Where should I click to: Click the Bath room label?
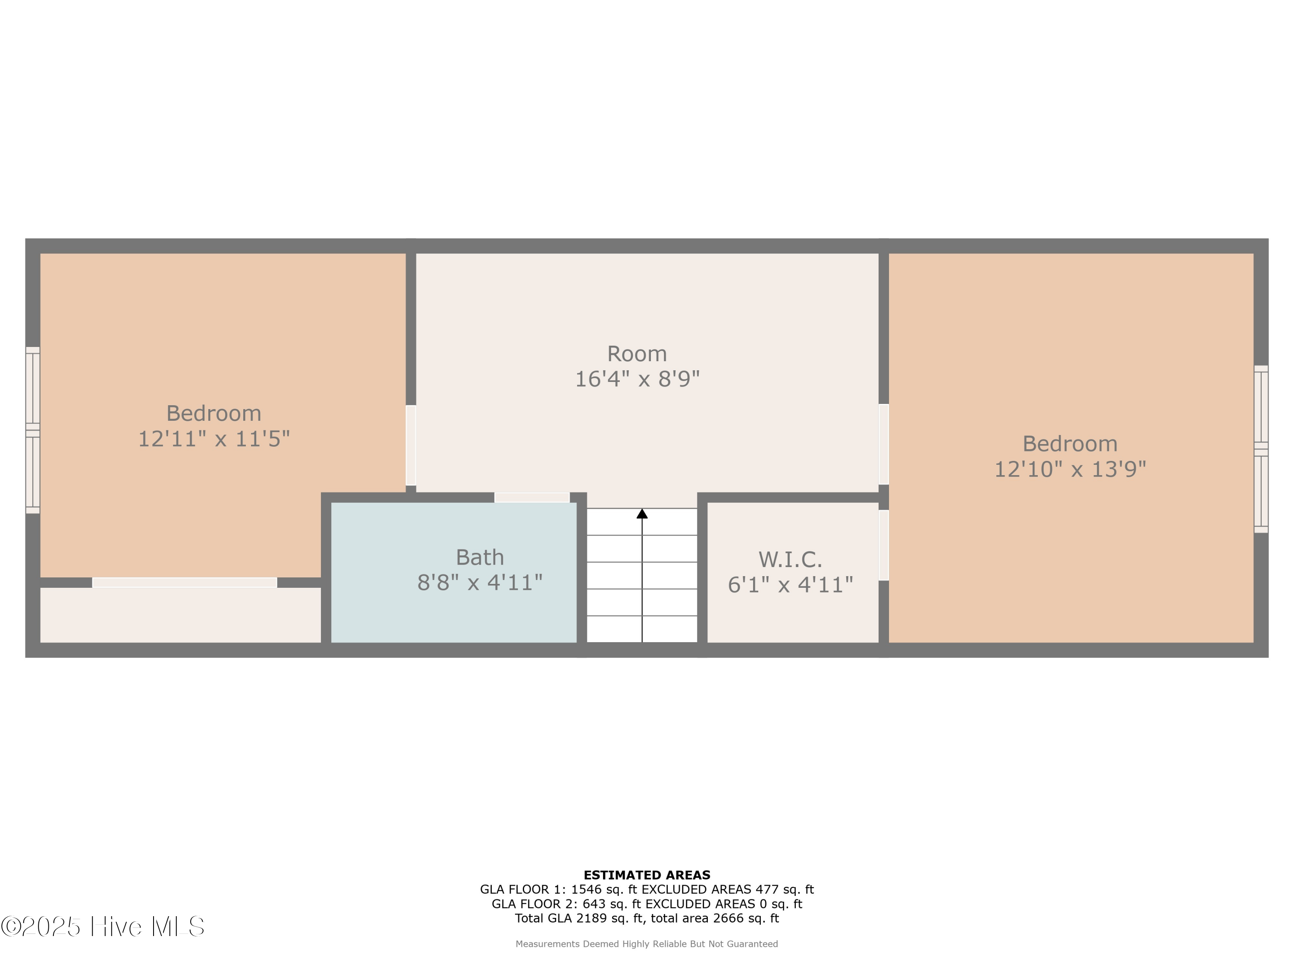click(480, 557)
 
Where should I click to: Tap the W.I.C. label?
click(790, 560)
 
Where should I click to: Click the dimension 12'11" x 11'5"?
click(214, 439)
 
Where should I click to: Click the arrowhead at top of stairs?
click(642, 514)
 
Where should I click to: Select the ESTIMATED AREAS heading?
click(647, 875)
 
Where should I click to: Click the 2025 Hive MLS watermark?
click(103, 927)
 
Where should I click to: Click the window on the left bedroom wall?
click(33, 430)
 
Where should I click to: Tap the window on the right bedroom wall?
click(1261, 449)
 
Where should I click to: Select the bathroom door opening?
click(532, 498)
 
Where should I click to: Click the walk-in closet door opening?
click(883, 545)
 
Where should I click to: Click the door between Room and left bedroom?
click(411, 445)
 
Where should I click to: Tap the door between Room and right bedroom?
click(883, 444)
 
